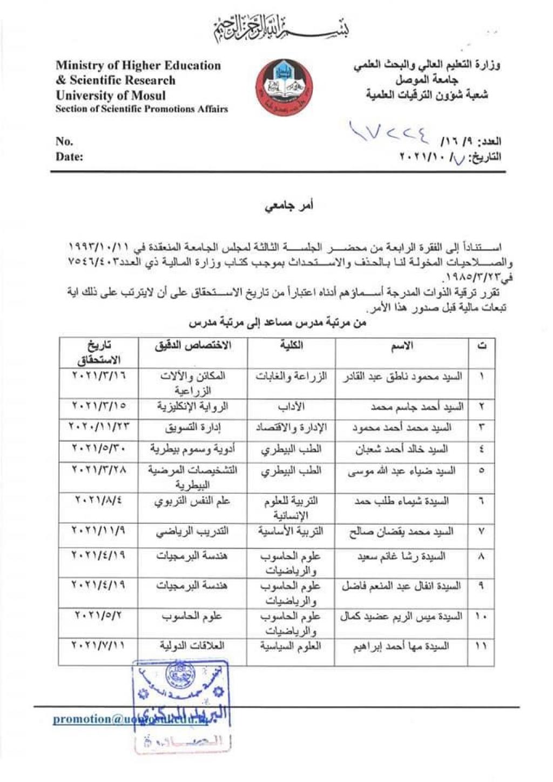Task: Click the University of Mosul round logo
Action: coord(284,87)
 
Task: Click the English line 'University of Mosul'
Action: coord(110,95)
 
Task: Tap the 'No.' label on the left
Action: coord(64,142)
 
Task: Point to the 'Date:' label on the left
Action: coord(69,157)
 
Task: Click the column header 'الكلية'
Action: coord(291,346)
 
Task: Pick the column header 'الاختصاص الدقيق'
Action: coord(193,346)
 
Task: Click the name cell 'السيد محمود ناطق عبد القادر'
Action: coord(402,377)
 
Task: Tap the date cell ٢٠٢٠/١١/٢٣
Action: coord(99,427)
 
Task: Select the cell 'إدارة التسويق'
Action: coord(193,428)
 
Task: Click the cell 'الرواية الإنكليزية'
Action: coord(193,406)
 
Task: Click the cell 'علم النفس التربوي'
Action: coord(193,502)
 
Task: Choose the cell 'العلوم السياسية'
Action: coord(291,646)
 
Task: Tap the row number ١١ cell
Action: coord(481,646)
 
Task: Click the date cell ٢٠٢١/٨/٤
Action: coord(99,501)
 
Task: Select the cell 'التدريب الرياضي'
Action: coord(193,532)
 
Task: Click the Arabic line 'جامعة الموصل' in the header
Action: coord(427,80)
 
